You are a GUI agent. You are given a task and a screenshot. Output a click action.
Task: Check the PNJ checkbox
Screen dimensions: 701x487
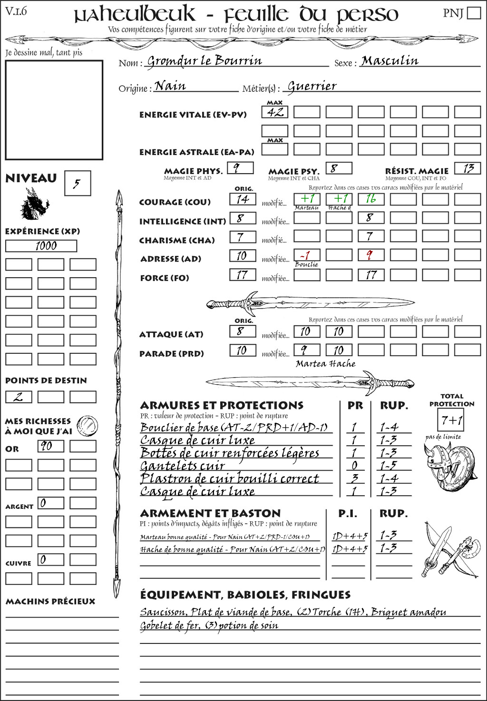474,12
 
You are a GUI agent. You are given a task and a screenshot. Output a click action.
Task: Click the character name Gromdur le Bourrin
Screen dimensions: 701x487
205,61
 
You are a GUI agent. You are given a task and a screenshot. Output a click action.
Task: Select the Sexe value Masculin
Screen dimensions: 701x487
390,61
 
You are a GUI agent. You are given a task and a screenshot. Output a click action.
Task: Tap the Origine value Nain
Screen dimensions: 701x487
170,86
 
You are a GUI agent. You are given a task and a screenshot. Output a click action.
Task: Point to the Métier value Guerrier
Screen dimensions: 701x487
312,86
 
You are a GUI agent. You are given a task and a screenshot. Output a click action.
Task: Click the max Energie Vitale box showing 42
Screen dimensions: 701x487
275,112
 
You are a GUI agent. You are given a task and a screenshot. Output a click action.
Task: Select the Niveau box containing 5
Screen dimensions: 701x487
77,183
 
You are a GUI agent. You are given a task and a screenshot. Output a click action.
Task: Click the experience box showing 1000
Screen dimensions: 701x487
41,246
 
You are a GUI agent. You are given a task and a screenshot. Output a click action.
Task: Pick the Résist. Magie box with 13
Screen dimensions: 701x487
468,168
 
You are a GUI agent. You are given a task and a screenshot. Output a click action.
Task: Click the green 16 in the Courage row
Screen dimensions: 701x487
371,199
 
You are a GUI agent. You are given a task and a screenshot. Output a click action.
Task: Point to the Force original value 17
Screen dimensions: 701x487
243,275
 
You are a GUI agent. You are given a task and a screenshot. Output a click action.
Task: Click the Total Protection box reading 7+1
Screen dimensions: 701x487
450,420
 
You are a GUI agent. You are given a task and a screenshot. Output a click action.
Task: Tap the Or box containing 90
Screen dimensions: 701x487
50,446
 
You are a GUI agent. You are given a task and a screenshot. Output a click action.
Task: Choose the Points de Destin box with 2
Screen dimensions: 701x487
19,397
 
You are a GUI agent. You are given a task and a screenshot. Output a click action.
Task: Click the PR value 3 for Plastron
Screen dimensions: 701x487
354,478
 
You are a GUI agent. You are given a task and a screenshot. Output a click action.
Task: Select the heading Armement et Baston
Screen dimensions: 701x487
210,513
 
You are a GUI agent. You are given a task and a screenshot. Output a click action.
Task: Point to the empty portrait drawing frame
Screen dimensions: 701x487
54,110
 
